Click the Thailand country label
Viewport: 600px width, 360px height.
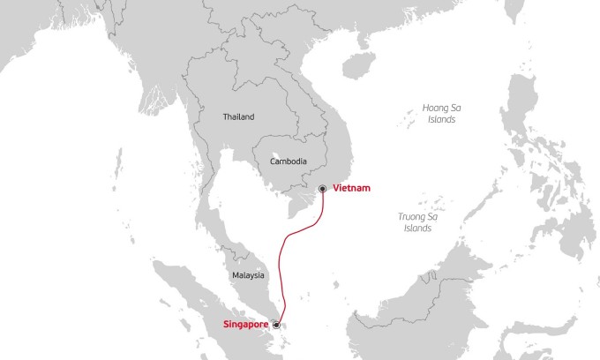click(238, 116)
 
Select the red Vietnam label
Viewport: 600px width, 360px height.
click(350, 189)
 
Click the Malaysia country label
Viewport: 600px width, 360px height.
click(248, 275)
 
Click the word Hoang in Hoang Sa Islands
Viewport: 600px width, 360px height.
click(435, 108)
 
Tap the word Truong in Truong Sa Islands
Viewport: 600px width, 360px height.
click(409, 216)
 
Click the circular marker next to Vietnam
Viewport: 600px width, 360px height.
click(323, 189)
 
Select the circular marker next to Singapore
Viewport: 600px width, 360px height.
click(276, 325)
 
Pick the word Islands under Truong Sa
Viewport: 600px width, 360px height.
click(416, 228)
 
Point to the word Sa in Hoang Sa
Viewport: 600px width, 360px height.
click(456, 108)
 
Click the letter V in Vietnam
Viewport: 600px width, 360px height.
click(336, 189)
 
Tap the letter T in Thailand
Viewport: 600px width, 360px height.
click(225, 116)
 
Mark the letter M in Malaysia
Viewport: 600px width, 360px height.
click(235, 275)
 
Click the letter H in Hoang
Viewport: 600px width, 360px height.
click(424, 108)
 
